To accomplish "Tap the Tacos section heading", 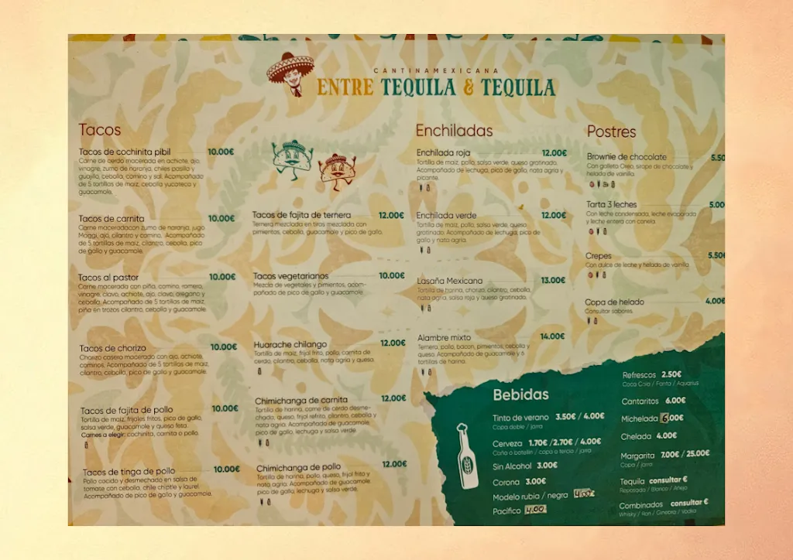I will tap(100, 130).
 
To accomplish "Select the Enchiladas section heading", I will tap(454, 131).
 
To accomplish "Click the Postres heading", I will tap(611, 131).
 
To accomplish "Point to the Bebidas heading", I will tap(520, 394).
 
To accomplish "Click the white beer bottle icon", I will tap(467, 456).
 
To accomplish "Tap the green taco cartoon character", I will tap(292, 157).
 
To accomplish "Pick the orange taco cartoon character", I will tap(336, 171).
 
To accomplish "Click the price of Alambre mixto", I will tap(553, 336).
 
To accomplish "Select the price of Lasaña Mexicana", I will tap(553, 281).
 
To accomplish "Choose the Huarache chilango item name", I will tap(290, 344).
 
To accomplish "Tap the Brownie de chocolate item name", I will tap(627, 156).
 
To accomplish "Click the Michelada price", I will tap(672, 418).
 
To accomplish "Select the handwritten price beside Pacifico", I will tap(535, 510).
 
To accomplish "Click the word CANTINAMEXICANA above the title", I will tap(435, 70).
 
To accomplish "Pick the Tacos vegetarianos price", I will tap(392, 275).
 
